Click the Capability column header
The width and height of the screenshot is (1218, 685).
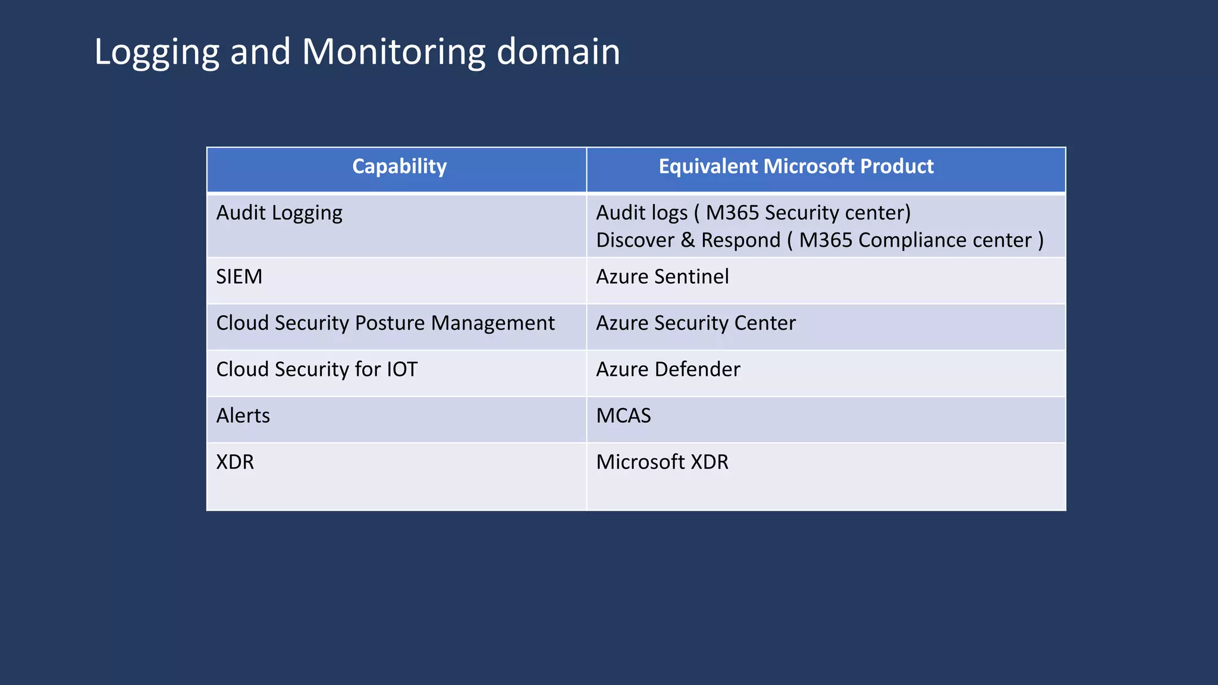[x=399, y=166]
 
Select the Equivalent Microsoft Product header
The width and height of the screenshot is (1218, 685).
[x=796, y=166]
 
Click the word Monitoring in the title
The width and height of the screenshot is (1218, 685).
[x=393, y=52]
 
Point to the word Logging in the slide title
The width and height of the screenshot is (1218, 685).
[x=156, y=52]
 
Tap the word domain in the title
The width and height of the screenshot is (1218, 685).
[x=558, y=52]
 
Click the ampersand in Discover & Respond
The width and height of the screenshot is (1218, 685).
[x=688, y=240]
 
